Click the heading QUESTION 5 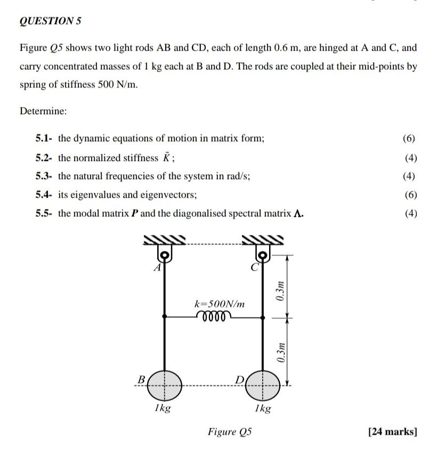click(50, 21)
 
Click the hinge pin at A click(165, 256)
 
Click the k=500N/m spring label click(220, 304)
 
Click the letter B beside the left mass click(141, 379)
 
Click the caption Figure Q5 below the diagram click(230, 431)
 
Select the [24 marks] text click(392, 431)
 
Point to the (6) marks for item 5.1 click(410, 139)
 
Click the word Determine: click(43, 111)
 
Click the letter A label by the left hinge click(157, 268)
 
